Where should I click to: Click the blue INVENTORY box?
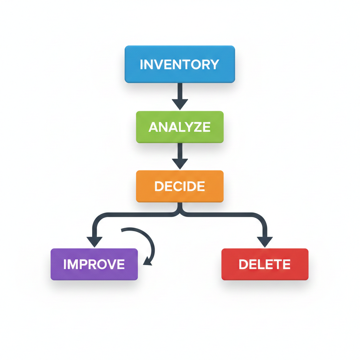tap(180, 64)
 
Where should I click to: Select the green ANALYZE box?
tap(180, 127)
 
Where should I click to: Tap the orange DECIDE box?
tap(180, 186)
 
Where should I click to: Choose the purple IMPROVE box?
tap(94, 264)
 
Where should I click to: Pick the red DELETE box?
tap(265, 264)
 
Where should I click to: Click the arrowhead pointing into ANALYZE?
tap(180, 104)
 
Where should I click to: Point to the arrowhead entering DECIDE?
tap(180, 163)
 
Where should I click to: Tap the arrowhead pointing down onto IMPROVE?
tap(94, 242)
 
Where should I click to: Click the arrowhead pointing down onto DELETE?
tap(265, 242)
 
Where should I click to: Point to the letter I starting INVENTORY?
tap(141, 65)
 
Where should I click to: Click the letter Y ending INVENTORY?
tap(214, 65)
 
